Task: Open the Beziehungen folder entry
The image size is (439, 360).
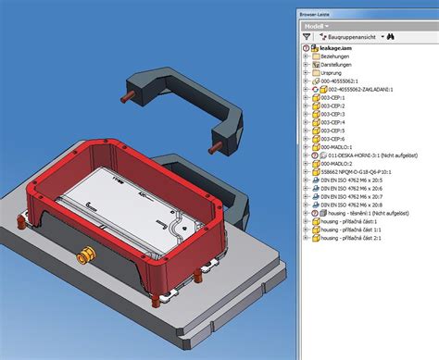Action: coord(342,56)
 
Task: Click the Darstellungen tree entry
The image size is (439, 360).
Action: coord(344,67)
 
